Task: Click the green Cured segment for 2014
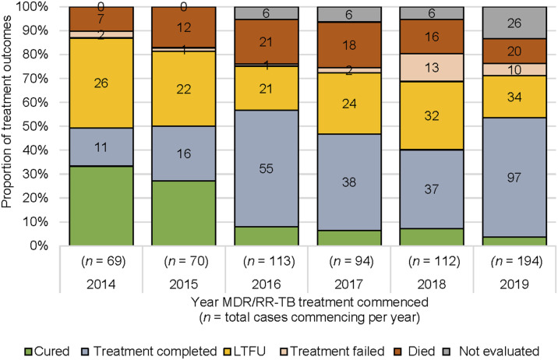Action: tap(101, 206)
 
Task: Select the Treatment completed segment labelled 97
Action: tap(514, 177)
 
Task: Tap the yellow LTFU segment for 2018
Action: tap(432, 115)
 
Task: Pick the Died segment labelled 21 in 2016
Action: tap(267, 41)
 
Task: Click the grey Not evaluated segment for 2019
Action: tap(514, 23)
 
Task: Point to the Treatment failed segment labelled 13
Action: tap(432, 68)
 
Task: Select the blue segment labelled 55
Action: tap(267, 168)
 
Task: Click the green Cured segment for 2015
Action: tap(184, 213)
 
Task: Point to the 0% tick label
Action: tap(39, 245)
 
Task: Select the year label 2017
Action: tap(349, 284)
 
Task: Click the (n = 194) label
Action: tap(517, 262)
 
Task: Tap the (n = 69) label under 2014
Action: tap(104, 262)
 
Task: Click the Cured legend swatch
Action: tap(29, 352)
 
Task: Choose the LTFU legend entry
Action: tap(245, 351)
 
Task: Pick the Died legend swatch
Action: tap(398, 352)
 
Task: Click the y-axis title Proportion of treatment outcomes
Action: tap(6, 111)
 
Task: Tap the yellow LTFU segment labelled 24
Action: tap(349, 104)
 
